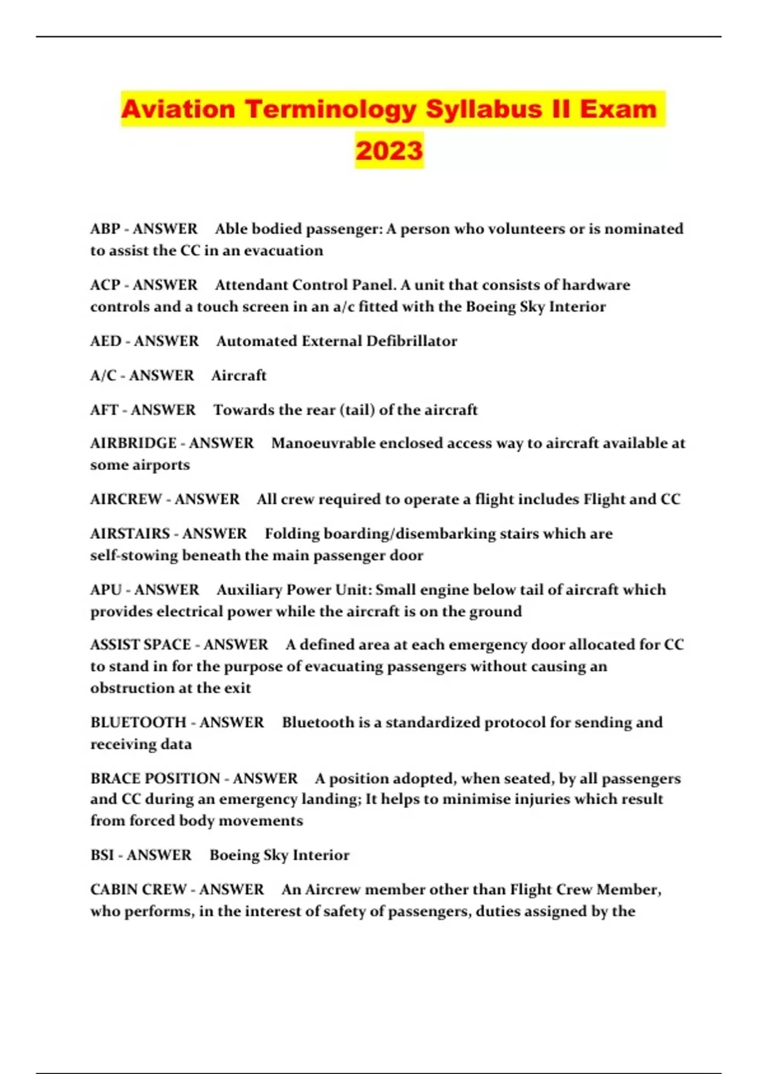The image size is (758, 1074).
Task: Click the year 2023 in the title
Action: [x=389, y=150]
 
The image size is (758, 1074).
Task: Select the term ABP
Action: [x=105, y=229]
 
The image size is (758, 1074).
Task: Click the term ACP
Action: [x=105, y=285]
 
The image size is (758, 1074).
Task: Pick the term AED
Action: [x=105, y=341]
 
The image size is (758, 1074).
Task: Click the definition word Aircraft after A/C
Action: [x=239, y=376]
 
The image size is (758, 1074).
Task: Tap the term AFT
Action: [x=104, y=410]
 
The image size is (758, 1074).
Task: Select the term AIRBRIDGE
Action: [x=133, y=443]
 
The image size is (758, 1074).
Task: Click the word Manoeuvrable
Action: [x=325, y=443]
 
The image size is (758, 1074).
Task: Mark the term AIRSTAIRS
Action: [x=130, y=534]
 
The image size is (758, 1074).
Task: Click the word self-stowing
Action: [x=134, y=556]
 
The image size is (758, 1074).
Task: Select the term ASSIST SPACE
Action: [x=140, y=645]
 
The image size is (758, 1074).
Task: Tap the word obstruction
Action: [x=128, y=688]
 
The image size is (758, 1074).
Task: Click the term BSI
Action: [x=102, y=855]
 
